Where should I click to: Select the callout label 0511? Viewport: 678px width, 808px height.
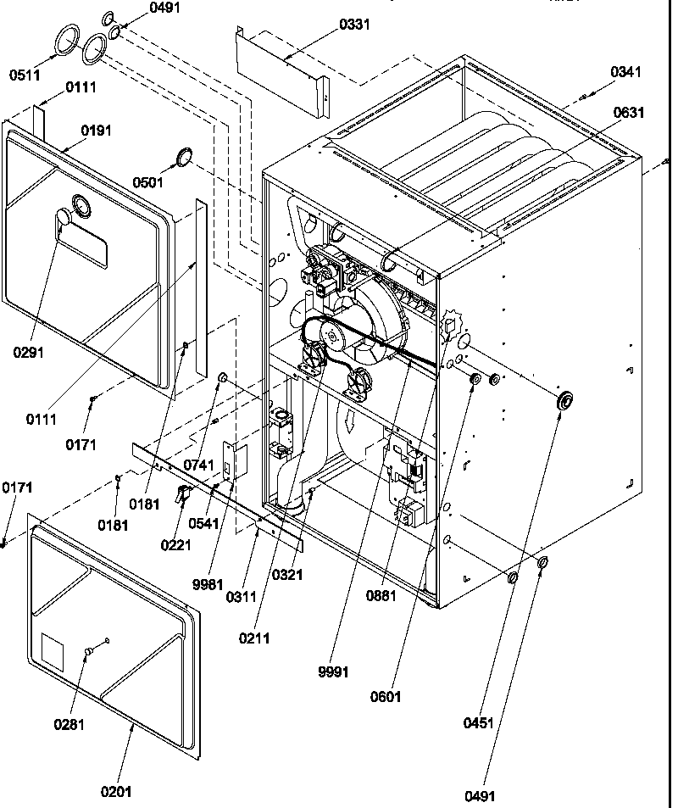coord(25,75)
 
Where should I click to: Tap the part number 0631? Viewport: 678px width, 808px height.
coord(629,113)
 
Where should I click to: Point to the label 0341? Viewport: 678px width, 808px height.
coord(625,72)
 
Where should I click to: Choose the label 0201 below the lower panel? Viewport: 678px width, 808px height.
coord(115,793)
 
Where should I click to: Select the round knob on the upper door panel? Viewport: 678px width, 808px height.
coord(63,221)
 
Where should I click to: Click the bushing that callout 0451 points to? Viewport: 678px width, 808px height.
coord(563,401)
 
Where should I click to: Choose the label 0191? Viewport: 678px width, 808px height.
coord(96,131)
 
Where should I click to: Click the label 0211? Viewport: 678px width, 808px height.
coord(254,638)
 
